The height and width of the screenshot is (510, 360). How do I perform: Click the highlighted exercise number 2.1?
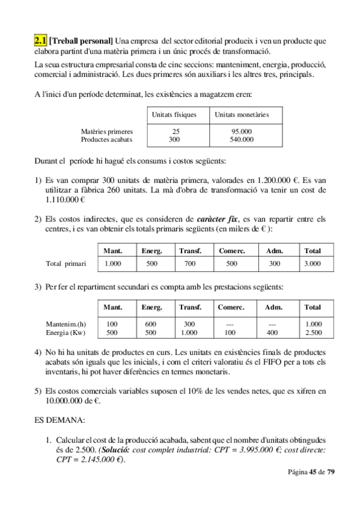tap(41, 41)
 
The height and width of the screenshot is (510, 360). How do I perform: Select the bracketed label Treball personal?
tap(81, 41)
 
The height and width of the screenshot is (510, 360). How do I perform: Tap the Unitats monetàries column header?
tap(241, 114)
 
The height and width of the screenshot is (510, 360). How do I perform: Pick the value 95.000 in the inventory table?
tap(242, 132)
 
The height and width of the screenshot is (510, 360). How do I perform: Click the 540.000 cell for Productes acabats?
tap(242, 140)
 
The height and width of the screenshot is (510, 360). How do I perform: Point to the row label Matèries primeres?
tap(107, 132)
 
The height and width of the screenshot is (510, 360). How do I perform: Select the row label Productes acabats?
tap(107, 140)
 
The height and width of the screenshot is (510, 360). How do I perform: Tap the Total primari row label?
tap(66, 263)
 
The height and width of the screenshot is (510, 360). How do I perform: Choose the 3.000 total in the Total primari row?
tap(313, 263)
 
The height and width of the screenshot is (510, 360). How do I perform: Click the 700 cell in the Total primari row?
tap(190, 263)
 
